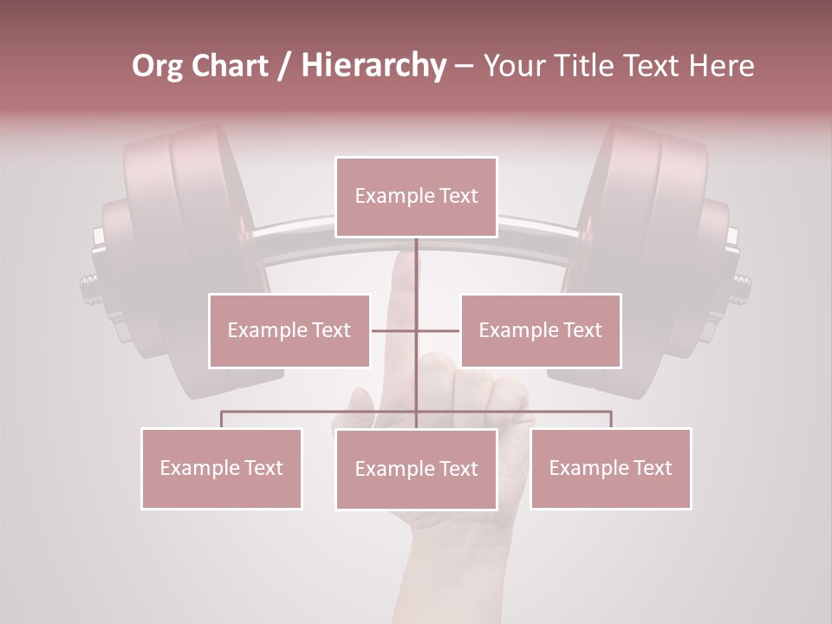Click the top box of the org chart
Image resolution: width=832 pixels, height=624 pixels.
(x=416, y=197)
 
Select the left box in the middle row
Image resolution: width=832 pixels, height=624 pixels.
(x=289, y=330)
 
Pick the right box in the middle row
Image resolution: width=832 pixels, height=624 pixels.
(x=540, y=330)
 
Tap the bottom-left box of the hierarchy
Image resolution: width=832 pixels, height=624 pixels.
(x=221, y=468)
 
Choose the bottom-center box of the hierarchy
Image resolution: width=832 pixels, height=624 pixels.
(x=416, y=469)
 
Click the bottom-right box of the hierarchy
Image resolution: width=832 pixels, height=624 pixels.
(x=610, y=468)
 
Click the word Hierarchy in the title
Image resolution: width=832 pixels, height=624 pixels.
(x=373, y=66)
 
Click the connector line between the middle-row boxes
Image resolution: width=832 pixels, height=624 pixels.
(x=395, y=330)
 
